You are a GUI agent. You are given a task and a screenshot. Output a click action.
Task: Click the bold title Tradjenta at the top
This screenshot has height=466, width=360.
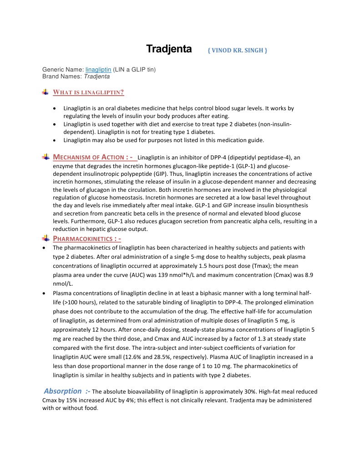[x=168, y=49]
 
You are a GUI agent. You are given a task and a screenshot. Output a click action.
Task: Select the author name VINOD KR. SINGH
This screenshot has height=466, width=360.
[x=237, y=50]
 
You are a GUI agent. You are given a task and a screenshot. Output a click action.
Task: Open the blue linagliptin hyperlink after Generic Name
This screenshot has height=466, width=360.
[x=98, y=70]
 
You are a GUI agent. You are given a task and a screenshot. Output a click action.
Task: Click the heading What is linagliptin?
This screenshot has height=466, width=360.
[x=88, y=92]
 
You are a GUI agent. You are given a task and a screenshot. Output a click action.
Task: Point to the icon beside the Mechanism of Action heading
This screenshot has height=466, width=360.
[x=46, y=157]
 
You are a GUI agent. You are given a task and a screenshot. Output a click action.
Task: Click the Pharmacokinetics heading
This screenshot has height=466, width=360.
[x=86, y=238]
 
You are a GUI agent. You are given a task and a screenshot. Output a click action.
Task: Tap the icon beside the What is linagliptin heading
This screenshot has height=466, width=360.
[x=46, y=92]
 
